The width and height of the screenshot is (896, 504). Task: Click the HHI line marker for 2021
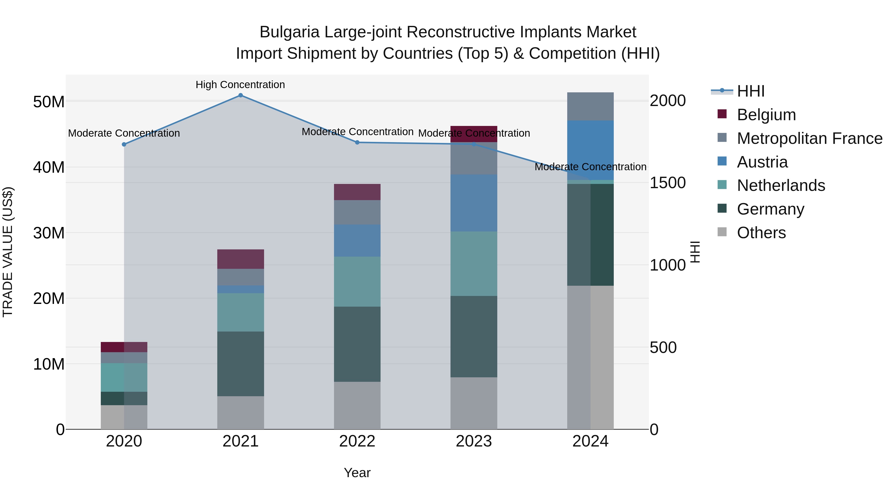240,95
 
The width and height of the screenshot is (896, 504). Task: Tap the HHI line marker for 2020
124,144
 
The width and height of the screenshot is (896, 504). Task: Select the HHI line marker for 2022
357,142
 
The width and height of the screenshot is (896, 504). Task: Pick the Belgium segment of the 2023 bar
474,134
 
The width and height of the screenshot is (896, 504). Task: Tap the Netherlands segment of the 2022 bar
357,281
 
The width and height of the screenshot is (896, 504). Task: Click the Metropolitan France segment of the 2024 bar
590,107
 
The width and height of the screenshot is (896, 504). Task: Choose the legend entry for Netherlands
781,185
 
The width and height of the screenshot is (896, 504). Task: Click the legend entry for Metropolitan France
809,138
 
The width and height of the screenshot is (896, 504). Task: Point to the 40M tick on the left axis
49,167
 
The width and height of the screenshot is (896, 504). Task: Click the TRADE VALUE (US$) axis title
8,252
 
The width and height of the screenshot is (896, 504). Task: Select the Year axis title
357,473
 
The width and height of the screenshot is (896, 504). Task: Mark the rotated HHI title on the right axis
695,252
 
